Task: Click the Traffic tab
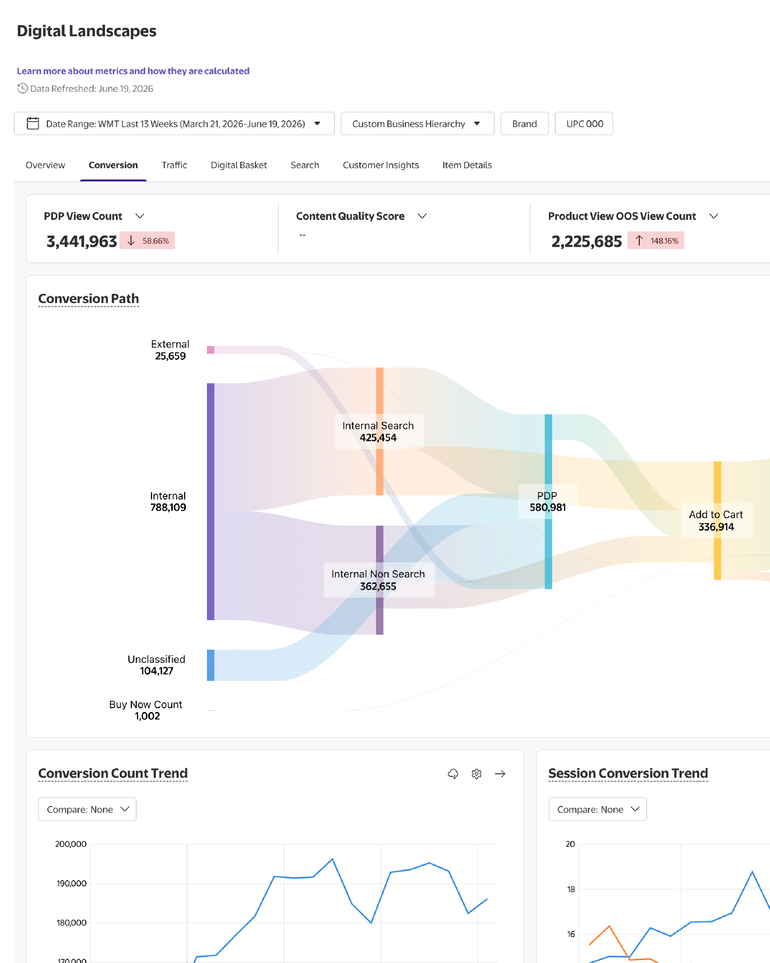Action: (174, 165)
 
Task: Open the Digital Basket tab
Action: (239, 165)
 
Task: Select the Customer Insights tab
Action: (381, 165)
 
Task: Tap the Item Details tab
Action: (467, 165)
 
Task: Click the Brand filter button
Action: (525, 124)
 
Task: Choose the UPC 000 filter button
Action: (584, 124)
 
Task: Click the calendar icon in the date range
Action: (33, 123)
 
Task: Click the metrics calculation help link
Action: (133, 71)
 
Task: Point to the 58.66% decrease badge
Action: (147, 241)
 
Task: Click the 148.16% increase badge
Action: (656, 241)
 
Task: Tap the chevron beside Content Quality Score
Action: (422, 216)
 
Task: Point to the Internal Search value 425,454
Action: (378, 438)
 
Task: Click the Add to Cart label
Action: (716, 515)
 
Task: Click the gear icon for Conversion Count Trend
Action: (477, 774)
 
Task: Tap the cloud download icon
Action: (453, 774)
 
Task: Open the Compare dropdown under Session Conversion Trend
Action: (598, 809)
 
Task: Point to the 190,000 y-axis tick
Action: (72, 883)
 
